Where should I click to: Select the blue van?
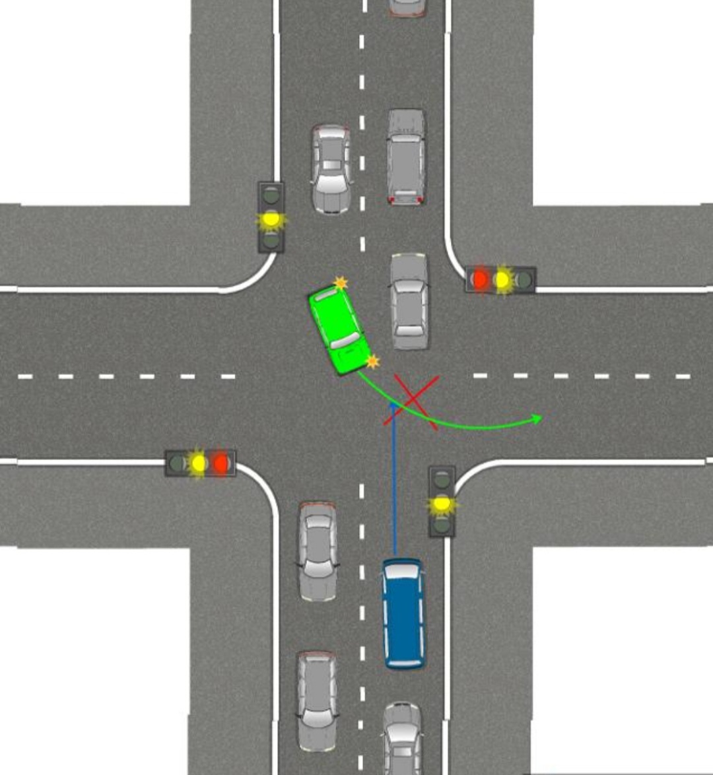[403, 614]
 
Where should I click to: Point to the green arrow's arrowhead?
[538, 419]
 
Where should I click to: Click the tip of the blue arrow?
[394, 404]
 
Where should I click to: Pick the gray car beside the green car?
[409, 300]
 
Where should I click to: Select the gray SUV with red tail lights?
[405, 157]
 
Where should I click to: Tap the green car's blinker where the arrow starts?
[372, 361]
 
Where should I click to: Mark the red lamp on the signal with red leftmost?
[480, 280]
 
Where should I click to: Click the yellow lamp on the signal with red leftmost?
[503, 280]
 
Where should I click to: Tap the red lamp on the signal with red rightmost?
[221, 463]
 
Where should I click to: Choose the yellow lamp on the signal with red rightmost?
[198, 463]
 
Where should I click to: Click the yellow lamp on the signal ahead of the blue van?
[442, 505]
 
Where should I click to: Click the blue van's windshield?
[403, 573]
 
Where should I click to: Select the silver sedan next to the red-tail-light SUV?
[331, 169]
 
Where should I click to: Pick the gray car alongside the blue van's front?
[318, 551]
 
